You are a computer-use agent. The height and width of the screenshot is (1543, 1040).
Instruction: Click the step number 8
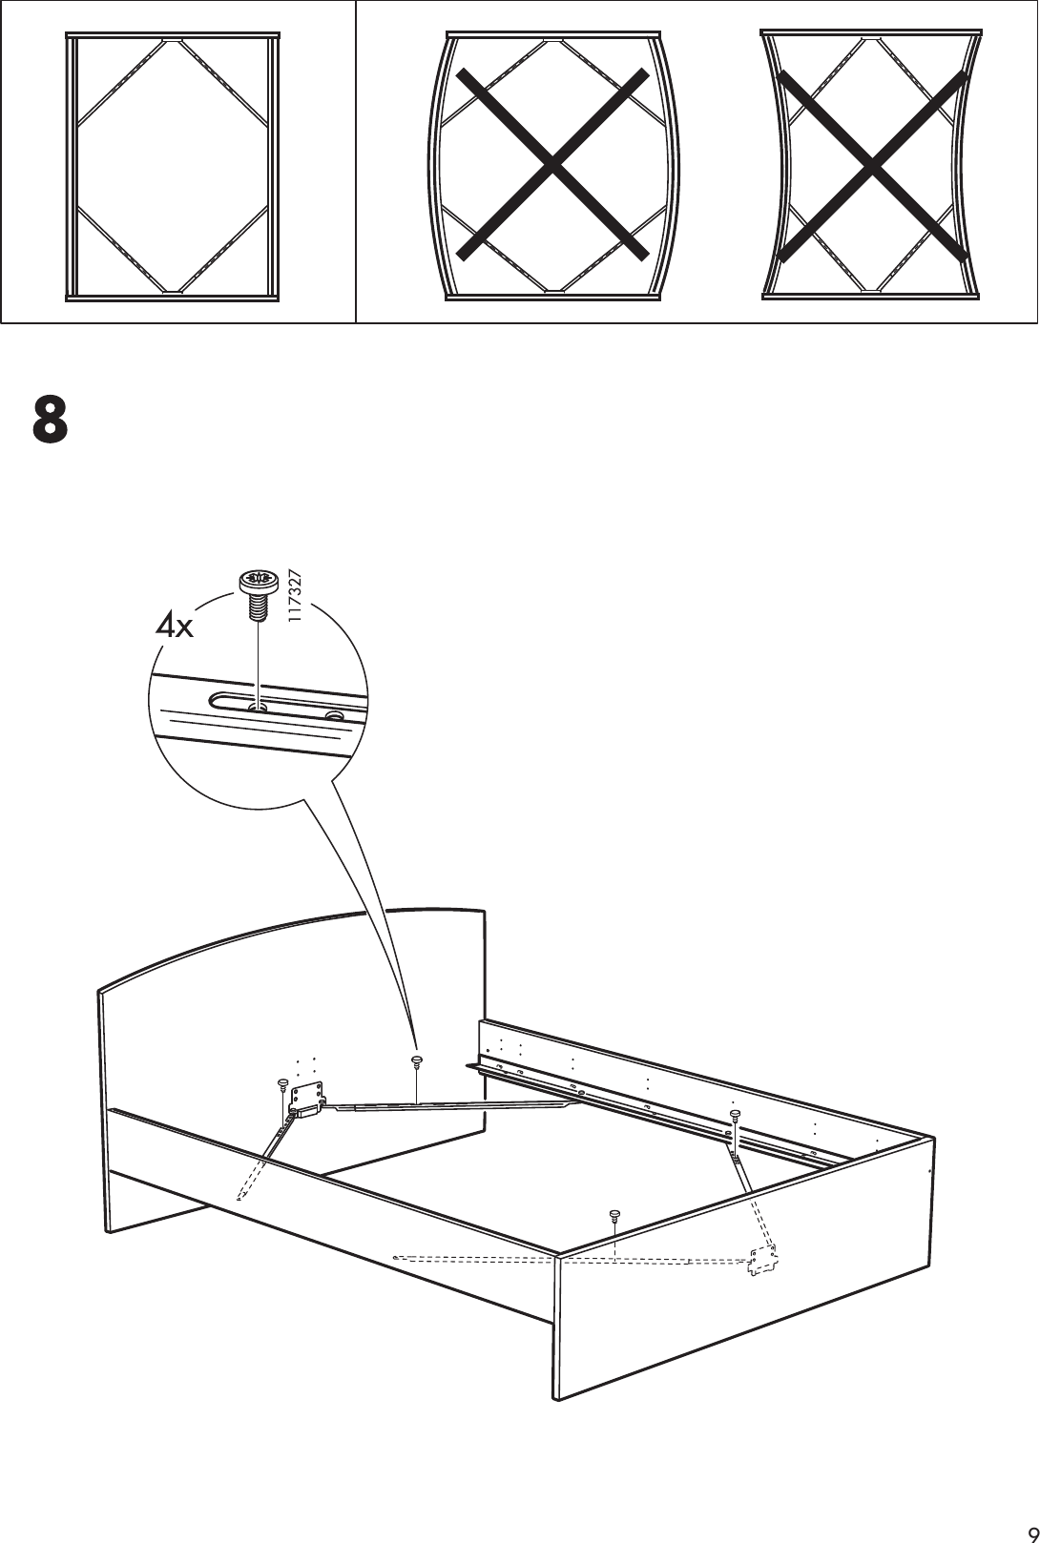51,420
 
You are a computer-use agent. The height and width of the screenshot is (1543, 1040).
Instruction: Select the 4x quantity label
175,626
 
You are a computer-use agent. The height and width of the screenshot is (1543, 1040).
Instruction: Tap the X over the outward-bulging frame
552,165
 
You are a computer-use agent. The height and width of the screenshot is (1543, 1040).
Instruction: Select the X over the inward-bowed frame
871,166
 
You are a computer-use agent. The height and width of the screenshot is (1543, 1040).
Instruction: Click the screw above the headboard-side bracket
282,1085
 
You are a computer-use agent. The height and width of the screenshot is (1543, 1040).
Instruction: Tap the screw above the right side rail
735,1115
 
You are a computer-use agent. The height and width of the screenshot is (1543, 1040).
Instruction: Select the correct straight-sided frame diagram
173,165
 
